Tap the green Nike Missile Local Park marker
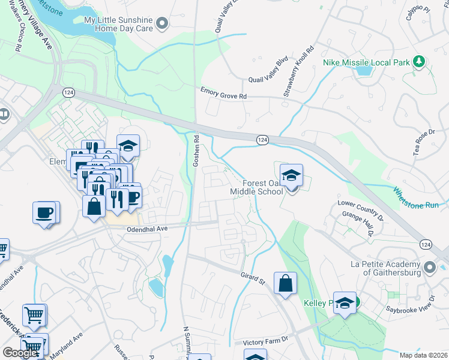coord(420,62)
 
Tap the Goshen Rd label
coord(196,152)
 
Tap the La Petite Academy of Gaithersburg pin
coord(430,266)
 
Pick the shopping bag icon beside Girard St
coord(285,283)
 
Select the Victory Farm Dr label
coord(266,342)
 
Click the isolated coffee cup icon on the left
coord(45,212)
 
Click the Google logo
coord(20,353)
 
